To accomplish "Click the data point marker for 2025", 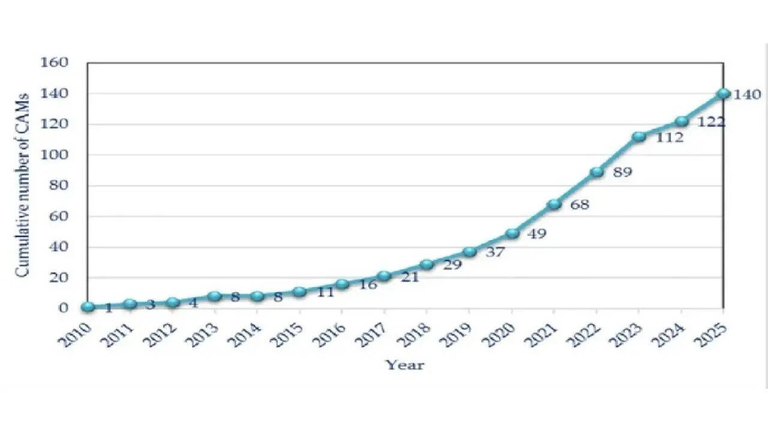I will tap(724, 94).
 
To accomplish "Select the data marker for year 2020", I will tap(512, 233).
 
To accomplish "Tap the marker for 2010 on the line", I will tap(88, 307).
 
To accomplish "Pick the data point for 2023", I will tap(639, 137).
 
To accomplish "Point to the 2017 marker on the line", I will tap(385, 276).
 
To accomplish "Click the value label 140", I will tap(747, 95).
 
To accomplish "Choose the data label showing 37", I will tap(494, 253).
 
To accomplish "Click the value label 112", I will tap(669, 138).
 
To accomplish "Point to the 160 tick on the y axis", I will tap(55, 62).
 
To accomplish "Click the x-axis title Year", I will tap(404, 365).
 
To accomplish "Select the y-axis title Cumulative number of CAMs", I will tap(22, 185).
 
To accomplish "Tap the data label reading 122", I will tap(711, 122).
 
